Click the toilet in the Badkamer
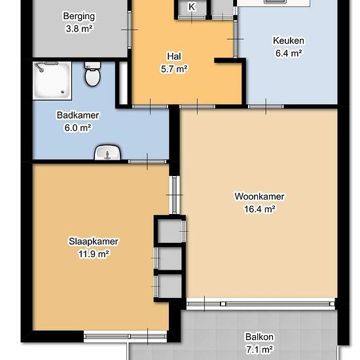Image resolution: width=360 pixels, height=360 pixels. point(92,73)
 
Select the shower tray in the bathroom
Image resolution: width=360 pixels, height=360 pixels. point(52,81)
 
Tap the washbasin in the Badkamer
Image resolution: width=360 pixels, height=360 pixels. point(107,153)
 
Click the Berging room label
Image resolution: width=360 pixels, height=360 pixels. point(79,16)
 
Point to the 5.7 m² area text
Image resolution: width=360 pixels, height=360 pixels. point(174,69)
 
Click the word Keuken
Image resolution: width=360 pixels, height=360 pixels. point(289,41)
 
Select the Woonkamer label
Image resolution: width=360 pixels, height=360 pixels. point(259,196)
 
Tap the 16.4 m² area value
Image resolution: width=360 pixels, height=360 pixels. point(259,209)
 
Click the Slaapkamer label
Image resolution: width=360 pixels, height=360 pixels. point(94,242)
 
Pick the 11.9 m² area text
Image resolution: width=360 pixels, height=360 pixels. point(94,254)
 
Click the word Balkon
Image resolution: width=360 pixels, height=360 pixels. point(259,337)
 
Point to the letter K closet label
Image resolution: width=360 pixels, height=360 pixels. point(192,7)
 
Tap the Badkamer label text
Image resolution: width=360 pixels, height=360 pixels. point(78,115)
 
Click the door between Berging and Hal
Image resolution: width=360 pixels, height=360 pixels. point(130,29)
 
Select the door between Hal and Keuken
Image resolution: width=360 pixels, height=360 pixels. point(236,39)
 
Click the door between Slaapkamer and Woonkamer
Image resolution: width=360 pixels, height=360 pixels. point(175,195)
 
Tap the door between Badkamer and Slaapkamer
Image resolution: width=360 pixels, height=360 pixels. point(147,162)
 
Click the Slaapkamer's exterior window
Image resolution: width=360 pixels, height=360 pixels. point(125,336)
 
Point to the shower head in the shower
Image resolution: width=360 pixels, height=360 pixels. point(39,67)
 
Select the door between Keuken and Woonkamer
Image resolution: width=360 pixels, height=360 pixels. point(266,107)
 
